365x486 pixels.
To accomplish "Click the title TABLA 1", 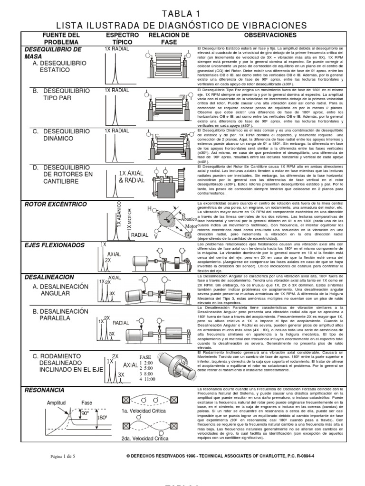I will (x=182, y=13).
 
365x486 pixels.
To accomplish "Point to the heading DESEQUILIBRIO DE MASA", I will (x=53, y=53).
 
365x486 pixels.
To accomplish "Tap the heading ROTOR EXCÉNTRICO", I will (x=56, y=204).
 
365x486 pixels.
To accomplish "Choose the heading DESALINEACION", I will (x=49, y=277).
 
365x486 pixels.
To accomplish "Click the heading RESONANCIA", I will (x=44, y=390).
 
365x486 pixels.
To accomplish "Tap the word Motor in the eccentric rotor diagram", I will (x=191, y=226).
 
